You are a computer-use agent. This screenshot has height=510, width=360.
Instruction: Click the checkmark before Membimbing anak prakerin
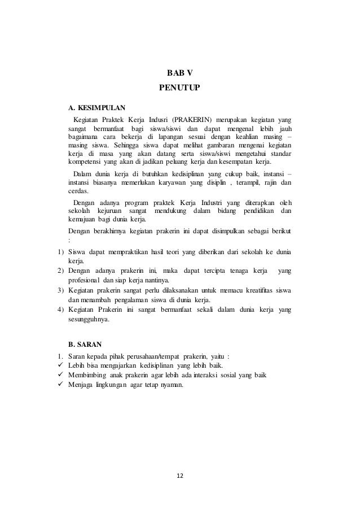click(x=60, y=376)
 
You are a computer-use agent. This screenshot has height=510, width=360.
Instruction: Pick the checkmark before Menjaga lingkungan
click(x=60, y=385)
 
